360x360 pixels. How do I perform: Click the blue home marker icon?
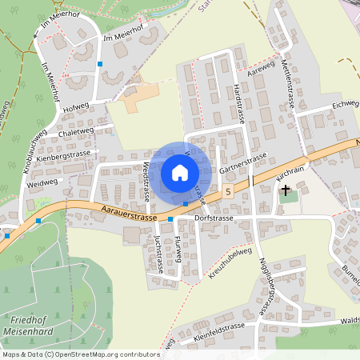179,173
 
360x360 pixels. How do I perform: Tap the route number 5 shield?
229,192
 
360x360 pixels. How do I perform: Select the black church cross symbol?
285,191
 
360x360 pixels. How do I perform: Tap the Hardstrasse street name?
238,102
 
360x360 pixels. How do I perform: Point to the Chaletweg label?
76,133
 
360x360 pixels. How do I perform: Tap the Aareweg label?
261,72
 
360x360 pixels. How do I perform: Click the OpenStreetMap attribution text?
80,354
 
